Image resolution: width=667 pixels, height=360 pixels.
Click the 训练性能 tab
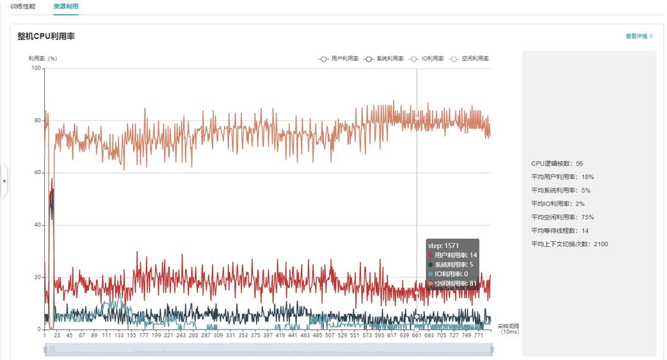point(22,6)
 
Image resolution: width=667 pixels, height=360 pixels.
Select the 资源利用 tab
point(66,6)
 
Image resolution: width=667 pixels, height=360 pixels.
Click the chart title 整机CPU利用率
point(46,37)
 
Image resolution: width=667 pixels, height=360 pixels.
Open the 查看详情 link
point(639,37)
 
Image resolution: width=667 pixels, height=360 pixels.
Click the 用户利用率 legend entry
point(339,58)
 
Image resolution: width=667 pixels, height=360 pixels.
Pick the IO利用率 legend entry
point(426,58)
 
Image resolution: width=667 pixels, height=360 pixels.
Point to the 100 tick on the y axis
point(36,69)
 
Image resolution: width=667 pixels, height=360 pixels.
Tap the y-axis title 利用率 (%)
point(43,58)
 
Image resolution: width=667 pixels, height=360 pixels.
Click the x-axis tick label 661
point(417,335)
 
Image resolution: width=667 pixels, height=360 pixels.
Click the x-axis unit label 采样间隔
point(510,326)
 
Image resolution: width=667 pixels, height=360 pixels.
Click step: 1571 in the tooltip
point(444,245)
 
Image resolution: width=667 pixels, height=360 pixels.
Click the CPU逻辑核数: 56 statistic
point(557,163)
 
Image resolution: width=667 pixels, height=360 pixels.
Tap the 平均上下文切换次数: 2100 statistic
point(569,244)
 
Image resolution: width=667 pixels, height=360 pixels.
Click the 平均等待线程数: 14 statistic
point(559,231)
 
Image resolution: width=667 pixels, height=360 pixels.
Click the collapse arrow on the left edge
point(4,181)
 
